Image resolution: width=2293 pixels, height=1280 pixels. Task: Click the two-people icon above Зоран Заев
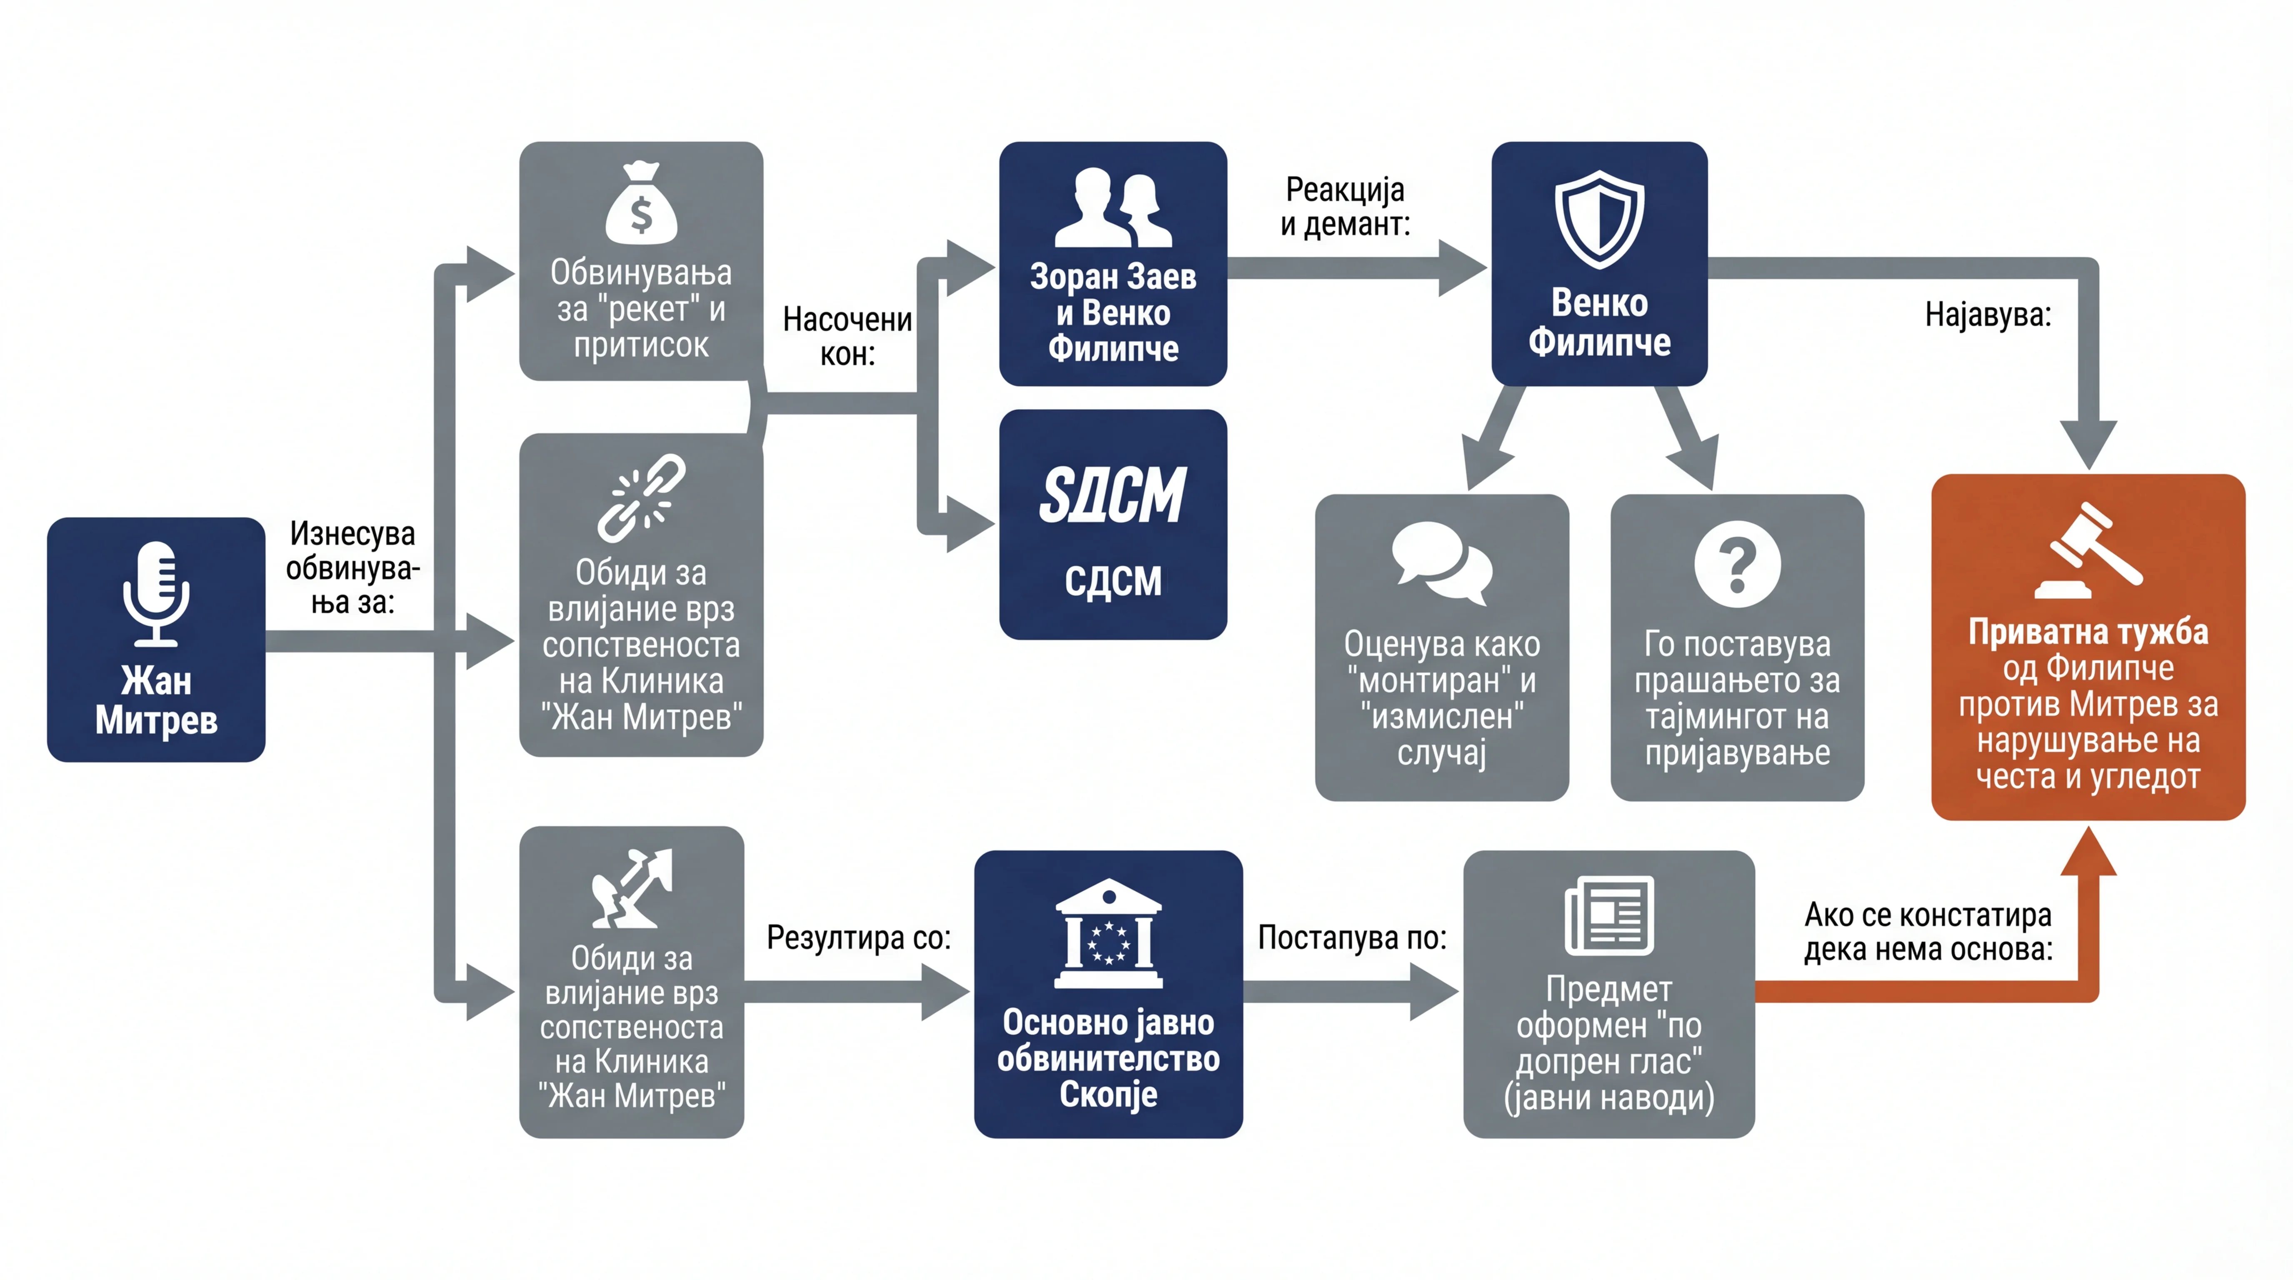pyautogui.click(x=1113, y=207)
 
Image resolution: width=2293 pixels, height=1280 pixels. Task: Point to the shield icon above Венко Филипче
pyautogui.click(x=1600, y=219)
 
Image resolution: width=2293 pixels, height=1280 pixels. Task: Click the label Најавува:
pyautogui.click(x=1988, y=314)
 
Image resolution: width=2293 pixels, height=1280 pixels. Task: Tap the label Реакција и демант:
pyautogui.click(x=1345, y=207)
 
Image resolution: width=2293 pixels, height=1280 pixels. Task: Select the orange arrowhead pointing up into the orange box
pyautogui.click(x=2088, y=851)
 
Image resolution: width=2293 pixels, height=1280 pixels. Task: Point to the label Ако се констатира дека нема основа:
pyautogui.click(x=1928, y=932)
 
